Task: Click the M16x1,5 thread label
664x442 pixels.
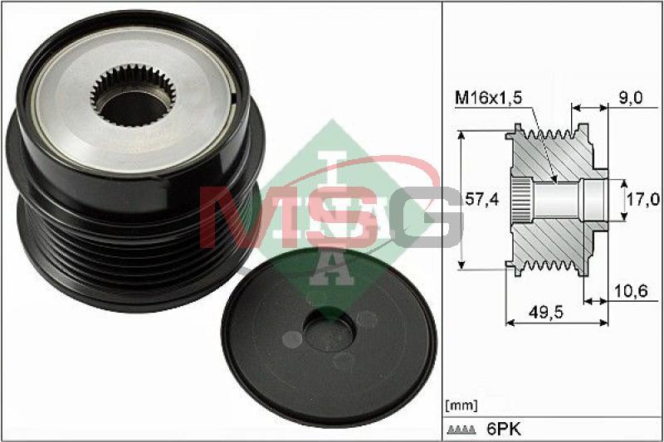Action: (489, 98)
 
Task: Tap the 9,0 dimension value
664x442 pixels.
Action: (631, 98)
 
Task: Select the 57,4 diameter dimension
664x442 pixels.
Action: (482, 199)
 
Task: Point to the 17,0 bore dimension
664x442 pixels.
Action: (643, 199)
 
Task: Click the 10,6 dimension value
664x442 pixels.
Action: (631, 291)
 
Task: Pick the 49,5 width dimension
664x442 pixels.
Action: (546, 312)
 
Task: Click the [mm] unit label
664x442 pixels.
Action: (461, 406)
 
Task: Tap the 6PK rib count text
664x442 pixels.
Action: (504, 430)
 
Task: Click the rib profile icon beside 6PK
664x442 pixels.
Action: (461, 430)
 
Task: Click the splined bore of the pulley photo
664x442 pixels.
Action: (133, 95)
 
